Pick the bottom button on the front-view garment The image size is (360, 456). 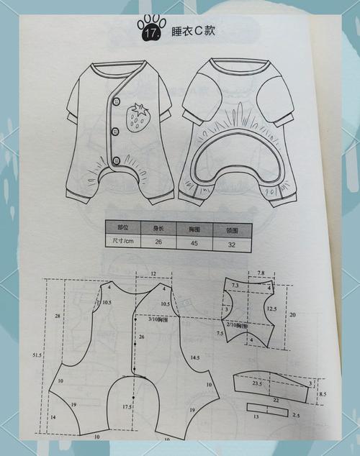[116, 158]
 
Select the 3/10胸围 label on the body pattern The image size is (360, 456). [160, 319]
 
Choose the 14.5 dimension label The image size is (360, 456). [194, 357]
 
